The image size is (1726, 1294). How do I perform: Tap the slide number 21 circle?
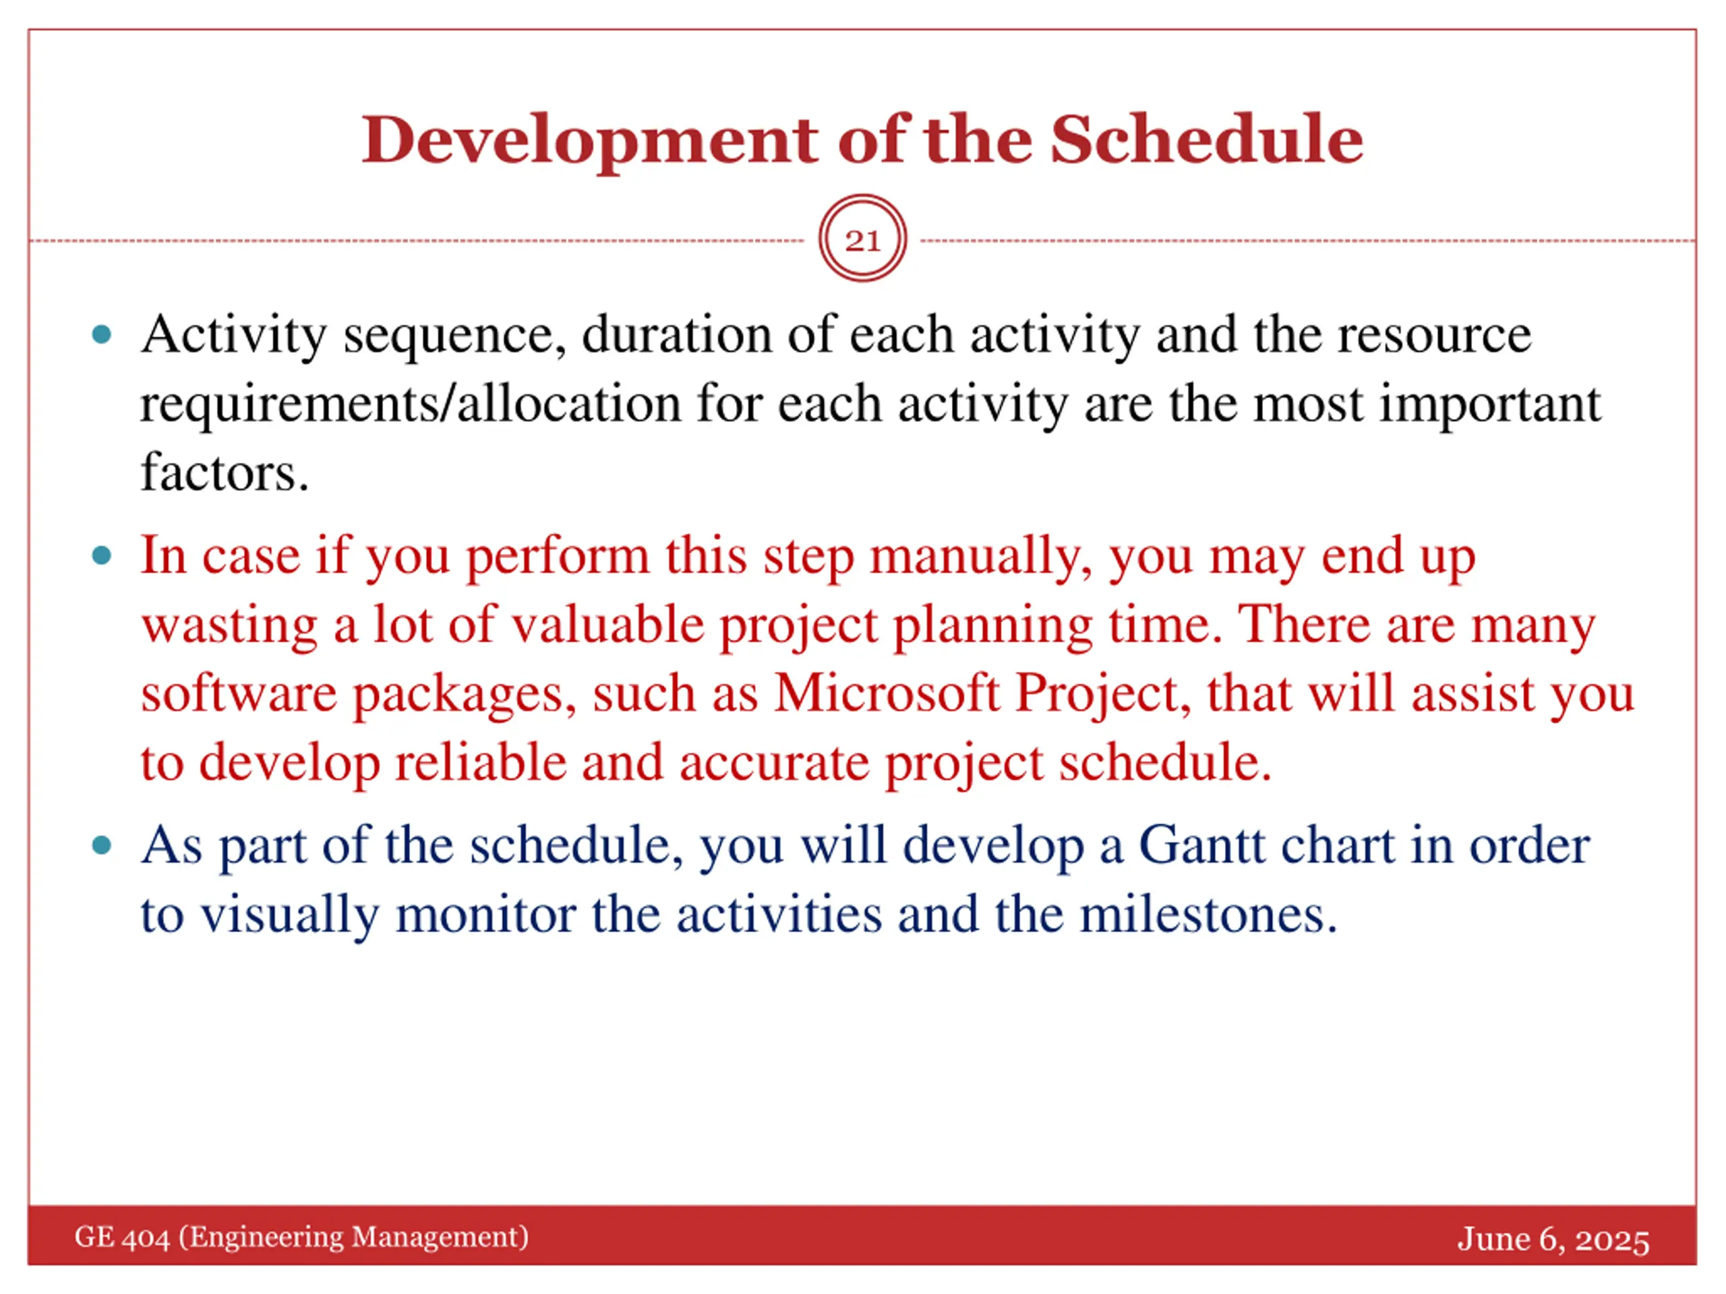tap(862, 239)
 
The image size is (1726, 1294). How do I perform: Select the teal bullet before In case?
tap(101, 556)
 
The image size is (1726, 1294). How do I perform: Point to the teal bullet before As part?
tap(101, 846)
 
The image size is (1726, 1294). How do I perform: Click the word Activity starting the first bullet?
tap(233, 336)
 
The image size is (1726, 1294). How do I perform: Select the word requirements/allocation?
tap(411, 405)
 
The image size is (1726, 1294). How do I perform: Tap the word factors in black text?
tap(224, 472)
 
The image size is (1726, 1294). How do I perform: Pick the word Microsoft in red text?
tap(887, 694)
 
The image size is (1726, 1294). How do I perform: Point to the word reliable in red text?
tap(481, 762)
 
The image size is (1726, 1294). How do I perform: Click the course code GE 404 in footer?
tap(122, 1237)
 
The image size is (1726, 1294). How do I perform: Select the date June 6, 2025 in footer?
tap(1553, 1239)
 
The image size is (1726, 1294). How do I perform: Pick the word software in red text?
tap(239, 694)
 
